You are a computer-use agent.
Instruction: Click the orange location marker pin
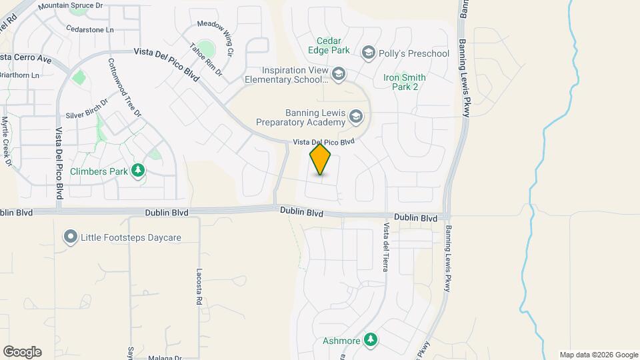pos(321,159)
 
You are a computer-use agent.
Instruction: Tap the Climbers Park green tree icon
pos(138,171)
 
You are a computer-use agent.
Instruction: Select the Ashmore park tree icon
pos(371,341)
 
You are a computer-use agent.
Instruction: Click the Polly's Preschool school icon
pos(368,53)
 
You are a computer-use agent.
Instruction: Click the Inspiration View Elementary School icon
pos(339,73)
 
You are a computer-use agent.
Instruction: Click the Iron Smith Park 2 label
pos(405,83)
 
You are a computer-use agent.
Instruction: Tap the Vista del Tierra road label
pos(385,247)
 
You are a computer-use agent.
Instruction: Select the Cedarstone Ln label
pos(91,29)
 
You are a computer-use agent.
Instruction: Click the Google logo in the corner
pos(22,352)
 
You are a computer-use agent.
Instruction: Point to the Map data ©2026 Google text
pos(599,355)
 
